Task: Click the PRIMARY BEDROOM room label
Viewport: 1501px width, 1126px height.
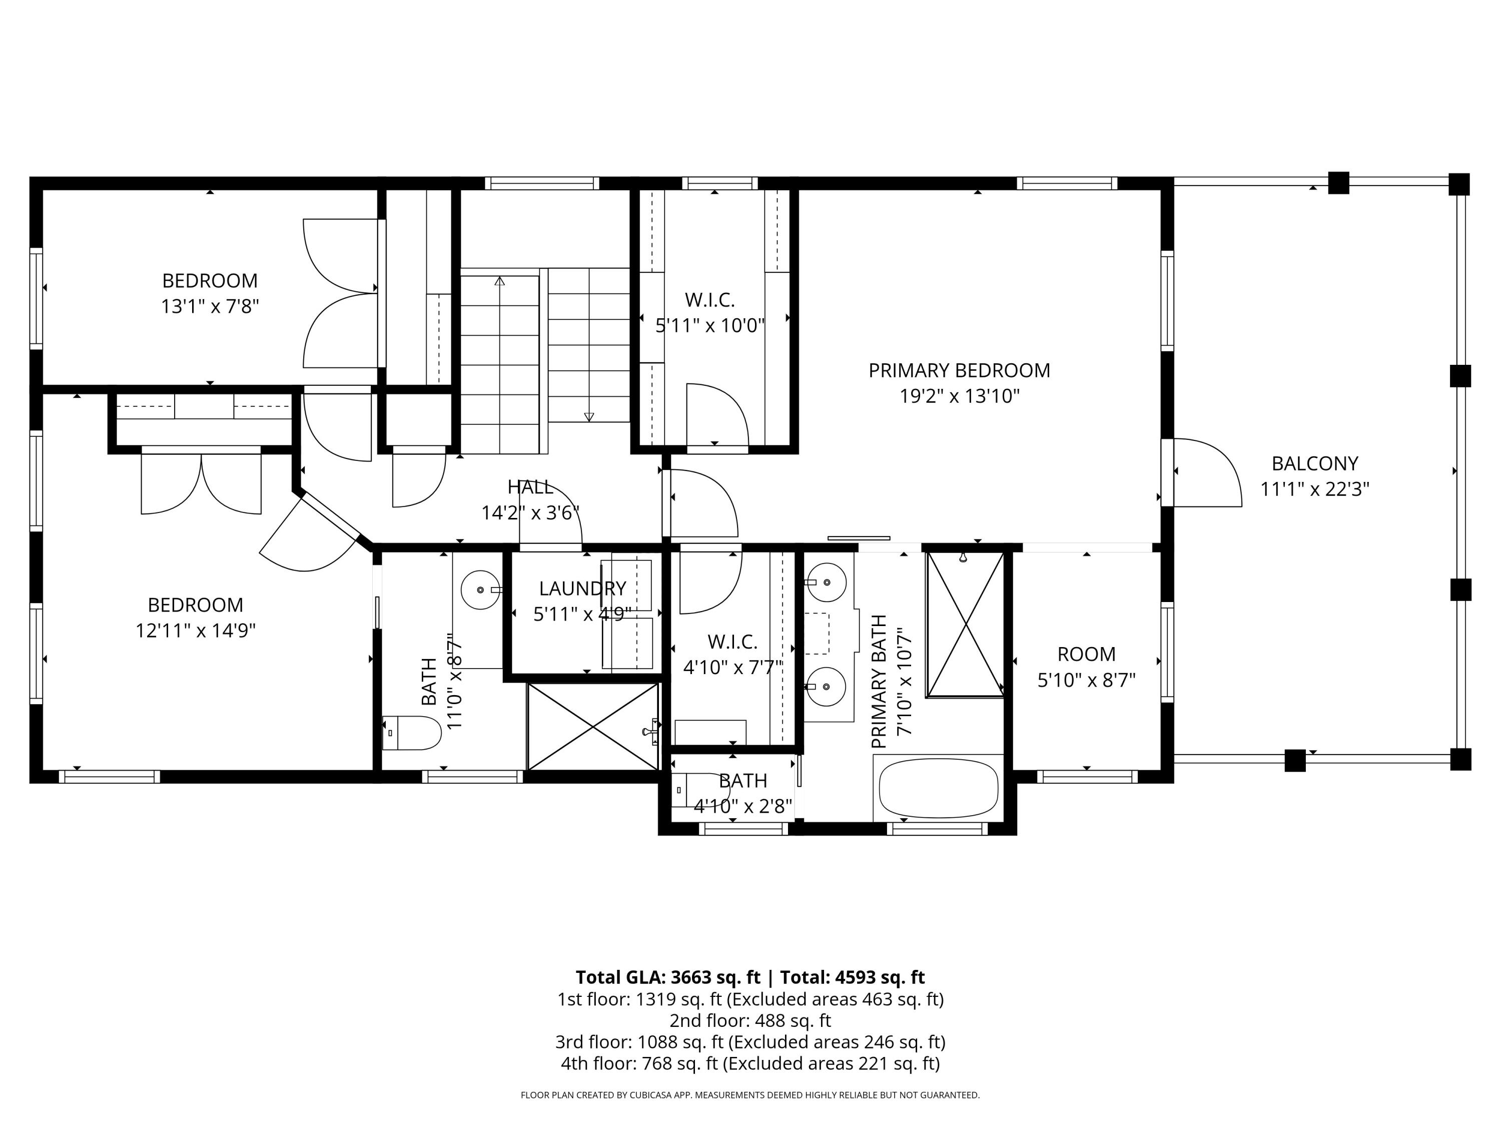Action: (x=959, y=371)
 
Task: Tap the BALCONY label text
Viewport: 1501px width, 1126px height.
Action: (x=1314, y=463)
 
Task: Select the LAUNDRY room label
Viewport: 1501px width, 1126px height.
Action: (x=582, y=589)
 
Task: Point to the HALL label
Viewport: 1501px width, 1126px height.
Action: (x=530, y=486)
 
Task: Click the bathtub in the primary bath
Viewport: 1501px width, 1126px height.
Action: (x=939, y=789)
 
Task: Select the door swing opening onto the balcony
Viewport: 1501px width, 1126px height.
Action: (x=1208, y=472)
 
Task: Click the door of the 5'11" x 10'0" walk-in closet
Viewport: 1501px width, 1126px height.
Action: (x=717, y=416)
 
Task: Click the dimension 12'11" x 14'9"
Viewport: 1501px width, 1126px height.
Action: (x=196, y=631)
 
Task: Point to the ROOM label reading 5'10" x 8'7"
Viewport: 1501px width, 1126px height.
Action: (x=1086, y=654)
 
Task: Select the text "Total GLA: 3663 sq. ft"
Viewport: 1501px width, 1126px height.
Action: (x=668, y=977)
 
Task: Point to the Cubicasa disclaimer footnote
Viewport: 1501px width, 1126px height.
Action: (x=750, y=1095)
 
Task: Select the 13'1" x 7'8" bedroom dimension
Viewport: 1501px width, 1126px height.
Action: (x=210, y=307)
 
